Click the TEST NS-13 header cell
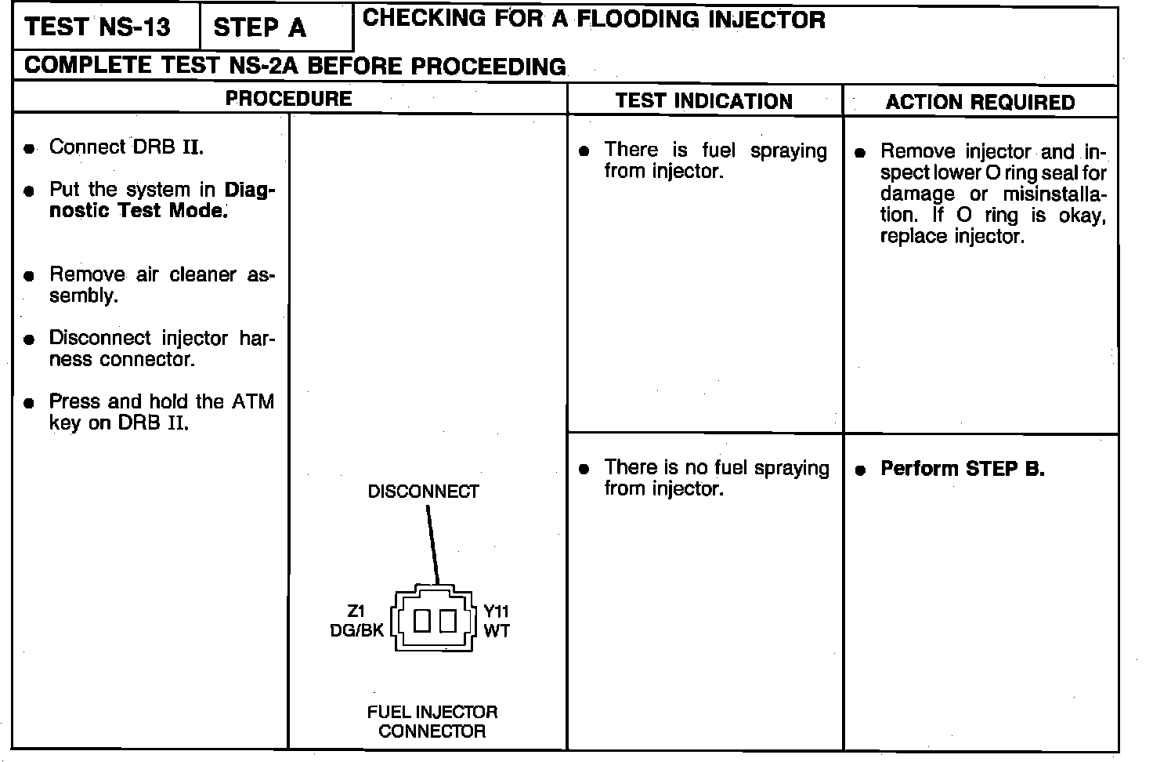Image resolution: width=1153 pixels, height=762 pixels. click(98, 27)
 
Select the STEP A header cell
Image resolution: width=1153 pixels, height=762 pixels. click(259, 28)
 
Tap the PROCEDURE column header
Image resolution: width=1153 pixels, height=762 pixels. click(288, 99)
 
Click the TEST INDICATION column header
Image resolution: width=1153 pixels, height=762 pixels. click(703, 101)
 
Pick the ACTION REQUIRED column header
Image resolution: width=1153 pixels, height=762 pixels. click(980, 102)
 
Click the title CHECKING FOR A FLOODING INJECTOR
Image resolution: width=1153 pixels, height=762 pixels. click(594, 19)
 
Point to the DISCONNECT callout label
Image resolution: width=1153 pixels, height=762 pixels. click(423, 492)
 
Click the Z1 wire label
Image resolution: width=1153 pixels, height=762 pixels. click(356, 611)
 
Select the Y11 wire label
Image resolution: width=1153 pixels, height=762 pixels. click(497, 611)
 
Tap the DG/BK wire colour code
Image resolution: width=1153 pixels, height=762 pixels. click(357, 630)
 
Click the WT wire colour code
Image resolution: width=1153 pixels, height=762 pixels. click(497, 630)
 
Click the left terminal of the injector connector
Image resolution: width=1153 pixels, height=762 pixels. click(422, 621)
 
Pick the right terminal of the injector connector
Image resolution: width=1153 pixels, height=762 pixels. click(447, 621)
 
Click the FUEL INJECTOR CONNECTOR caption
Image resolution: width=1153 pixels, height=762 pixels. click(432, 721)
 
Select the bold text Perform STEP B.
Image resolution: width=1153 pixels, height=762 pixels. click(963, 469)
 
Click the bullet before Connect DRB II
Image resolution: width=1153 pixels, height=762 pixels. click(29, 149)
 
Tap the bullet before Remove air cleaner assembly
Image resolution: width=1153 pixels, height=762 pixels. click(29, 276)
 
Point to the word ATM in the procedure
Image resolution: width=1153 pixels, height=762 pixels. click(253, 402)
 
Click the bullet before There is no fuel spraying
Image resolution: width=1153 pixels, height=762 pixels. click(584, 470)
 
